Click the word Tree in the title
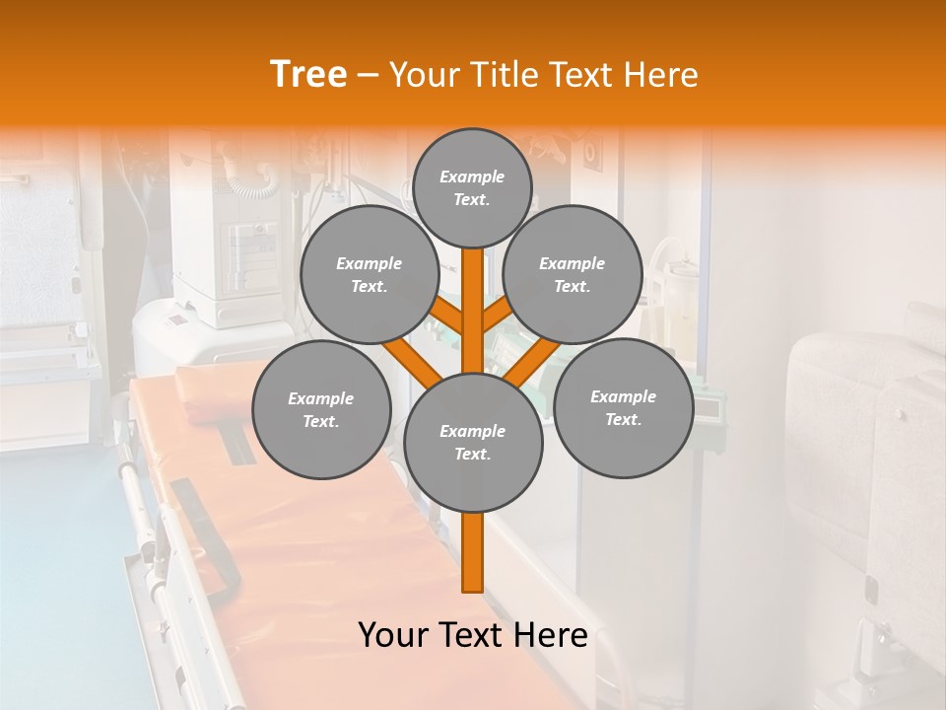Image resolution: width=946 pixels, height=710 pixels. pyautogui.click(x=308, y=74)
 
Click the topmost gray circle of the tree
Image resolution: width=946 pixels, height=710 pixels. pyautogui.click(x=472, y=187)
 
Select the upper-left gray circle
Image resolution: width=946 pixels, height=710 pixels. pyautogui.click(x=369, y=274)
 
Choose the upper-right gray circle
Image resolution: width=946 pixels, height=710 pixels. pyautogui.click(x=572, y=274)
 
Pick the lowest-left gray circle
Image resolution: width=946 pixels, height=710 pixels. pyautogui.click(x=320, y=409)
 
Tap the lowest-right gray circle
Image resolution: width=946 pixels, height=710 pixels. pyautogui.click(x=623, y=407)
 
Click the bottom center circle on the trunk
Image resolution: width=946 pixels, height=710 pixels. pyautogui.click(x=472, y=442)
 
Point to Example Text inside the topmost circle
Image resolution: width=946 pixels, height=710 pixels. pyautogui.click(x=472, y=187)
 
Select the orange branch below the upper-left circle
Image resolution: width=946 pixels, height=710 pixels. pyautogui.click(x=449, y=319)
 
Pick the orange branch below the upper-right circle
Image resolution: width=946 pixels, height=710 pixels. pyautogui.click(x=497, y=318)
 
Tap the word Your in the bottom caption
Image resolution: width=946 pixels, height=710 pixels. pyautogui.click(x=394, y=635)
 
